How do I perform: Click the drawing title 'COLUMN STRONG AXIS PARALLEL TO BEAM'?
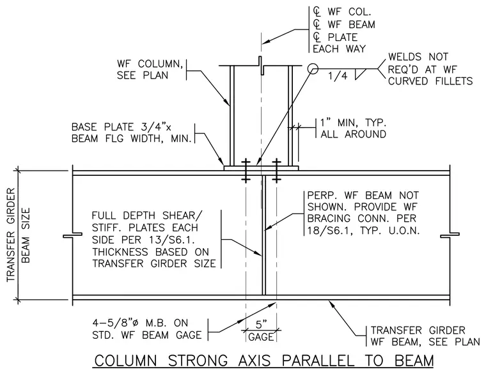263,361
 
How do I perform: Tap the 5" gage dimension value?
261,324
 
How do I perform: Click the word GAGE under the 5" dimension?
261,337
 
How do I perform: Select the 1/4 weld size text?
338,76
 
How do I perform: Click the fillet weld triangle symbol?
359,74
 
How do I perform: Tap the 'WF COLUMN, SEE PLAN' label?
150,70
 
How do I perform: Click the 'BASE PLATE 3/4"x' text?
121,127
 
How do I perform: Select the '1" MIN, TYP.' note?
353,122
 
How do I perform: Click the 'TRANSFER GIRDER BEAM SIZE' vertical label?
19,235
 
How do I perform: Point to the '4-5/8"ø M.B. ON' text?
140,323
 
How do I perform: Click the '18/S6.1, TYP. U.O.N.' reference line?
363,230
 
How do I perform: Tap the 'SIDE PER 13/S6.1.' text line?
146,240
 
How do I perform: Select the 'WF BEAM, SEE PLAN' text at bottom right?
425,342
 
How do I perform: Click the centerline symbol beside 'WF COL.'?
317,12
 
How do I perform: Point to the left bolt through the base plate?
246,171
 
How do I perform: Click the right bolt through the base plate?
276,171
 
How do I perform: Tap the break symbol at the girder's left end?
73,235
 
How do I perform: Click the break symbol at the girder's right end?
450,235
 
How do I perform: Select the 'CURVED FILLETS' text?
430,81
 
